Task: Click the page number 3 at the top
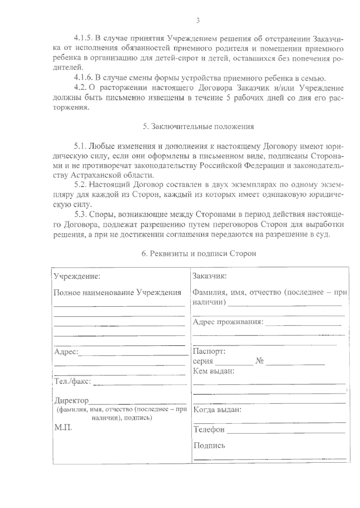pos(198,21)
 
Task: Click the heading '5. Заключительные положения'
pos(198,126)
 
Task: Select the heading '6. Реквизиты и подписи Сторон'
pos(199,253)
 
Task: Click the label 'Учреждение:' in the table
pos(77,276)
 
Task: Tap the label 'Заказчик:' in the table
pos(209,276)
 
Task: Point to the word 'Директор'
pos(71,400)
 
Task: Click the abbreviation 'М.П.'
pos(63,427)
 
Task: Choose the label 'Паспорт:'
pos(209,351)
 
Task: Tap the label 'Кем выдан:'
pos(213,371)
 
